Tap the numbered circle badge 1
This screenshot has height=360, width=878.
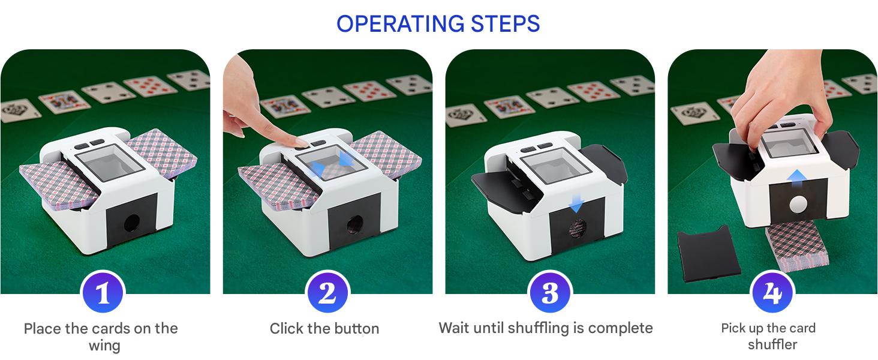tap(103, 292)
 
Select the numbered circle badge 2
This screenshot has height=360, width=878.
tap(327, 292)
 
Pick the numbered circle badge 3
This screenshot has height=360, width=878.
tap(550, 292)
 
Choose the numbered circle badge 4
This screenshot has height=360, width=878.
tap(772, 292)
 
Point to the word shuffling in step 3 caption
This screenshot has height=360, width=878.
tap(538, 328)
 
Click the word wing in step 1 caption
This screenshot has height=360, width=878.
tap(104, 346)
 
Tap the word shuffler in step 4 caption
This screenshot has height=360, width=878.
tap(772, 344)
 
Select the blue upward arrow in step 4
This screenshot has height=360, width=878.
tap(796, 179)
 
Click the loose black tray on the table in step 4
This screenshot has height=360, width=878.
tap(708, 254)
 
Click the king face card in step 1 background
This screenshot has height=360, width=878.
tap(64, 101)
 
